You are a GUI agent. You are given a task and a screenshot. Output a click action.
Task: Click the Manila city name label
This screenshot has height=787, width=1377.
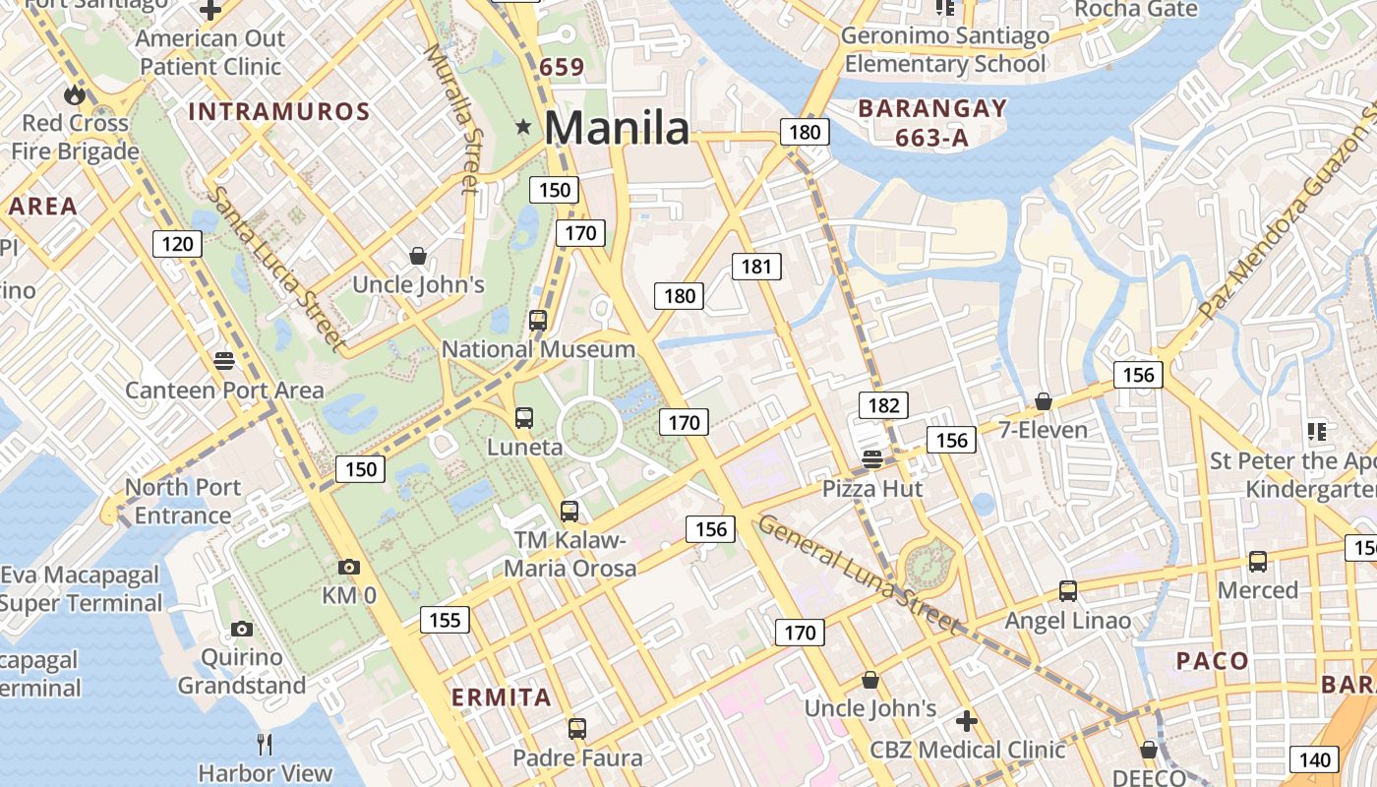pos(617,128)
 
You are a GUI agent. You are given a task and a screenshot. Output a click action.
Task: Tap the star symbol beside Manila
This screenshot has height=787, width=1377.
pos(523,127)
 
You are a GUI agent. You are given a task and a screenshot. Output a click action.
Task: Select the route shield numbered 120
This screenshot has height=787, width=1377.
pos(177,244)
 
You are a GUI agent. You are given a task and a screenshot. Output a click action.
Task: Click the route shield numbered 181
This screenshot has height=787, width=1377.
pos(756,266)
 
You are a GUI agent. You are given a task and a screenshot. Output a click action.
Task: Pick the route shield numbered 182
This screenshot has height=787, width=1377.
pos(883,405)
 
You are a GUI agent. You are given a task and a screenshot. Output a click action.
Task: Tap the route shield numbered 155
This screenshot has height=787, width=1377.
pos(445,620)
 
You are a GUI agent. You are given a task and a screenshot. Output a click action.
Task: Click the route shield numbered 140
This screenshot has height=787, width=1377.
pos(1314,759)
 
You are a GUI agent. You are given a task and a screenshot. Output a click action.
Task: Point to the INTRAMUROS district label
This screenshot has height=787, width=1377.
pos(279,112)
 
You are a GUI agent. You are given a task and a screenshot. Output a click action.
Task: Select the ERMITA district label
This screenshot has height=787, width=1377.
pos(502,697)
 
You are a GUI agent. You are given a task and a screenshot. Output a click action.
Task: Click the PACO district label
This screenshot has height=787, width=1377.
pos(1213,661)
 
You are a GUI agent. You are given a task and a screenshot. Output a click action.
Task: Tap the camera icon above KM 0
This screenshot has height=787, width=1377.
pos(348,568)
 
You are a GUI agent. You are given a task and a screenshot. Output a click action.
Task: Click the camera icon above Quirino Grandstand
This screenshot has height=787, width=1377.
pos(242,630)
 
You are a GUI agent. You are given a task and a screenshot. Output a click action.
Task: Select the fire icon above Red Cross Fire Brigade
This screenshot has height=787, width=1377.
pos(75,95)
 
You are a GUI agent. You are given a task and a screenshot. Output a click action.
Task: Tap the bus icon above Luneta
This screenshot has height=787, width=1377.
pos(524,418)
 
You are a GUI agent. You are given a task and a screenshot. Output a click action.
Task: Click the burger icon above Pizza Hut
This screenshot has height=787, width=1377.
pos(872,458)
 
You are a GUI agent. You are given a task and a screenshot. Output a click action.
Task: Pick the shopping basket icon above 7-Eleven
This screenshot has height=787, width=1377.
pos(1044,401)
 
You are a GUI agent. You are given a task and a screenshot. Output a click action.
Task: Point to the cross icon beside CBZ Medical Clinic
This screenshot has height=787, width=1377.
pos(967,721)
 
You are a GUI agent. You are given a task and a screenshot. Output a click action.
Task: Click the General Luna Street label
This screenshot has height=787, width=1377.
pos(857,574)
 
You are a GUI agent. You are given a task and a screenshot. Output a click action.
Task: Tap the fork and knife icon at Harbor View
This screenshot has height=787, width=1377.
pos(264,745)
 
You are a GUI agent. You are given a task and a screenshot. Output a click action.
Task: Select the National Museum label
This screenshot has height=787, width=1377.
pos(538,349)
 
